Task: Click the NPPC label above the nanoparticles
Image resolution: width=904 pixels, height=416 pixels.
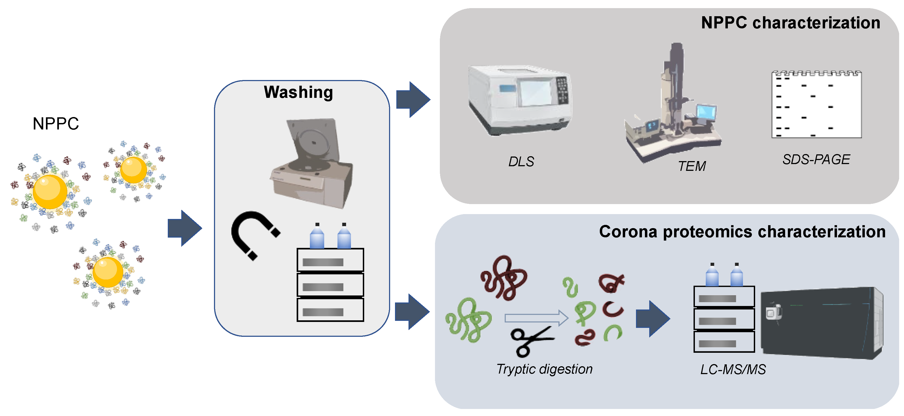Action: pos(55,124)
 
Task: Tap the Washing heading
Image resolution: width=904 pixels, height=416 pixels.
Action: pos(298,92)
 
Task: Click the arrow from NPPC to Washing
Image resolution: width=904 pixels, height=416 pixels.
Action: pos(185,228)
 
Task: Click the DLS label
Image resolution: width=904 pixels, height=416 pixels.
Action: pos(521,161)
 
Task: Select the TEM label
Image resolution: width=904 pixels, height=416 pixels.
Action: pos(691,166)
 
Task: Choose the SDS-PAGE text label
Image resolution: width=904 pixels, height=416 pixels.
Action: pos(816,159)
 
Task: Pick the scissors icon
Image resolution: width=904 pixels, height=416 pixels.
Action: pos(530,341)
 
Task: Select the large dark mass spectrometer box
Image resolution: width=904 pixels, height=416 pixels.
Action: pos(821,323)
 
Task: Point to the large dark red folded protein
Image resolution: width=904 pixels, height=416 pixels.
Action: pos(504,277)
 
